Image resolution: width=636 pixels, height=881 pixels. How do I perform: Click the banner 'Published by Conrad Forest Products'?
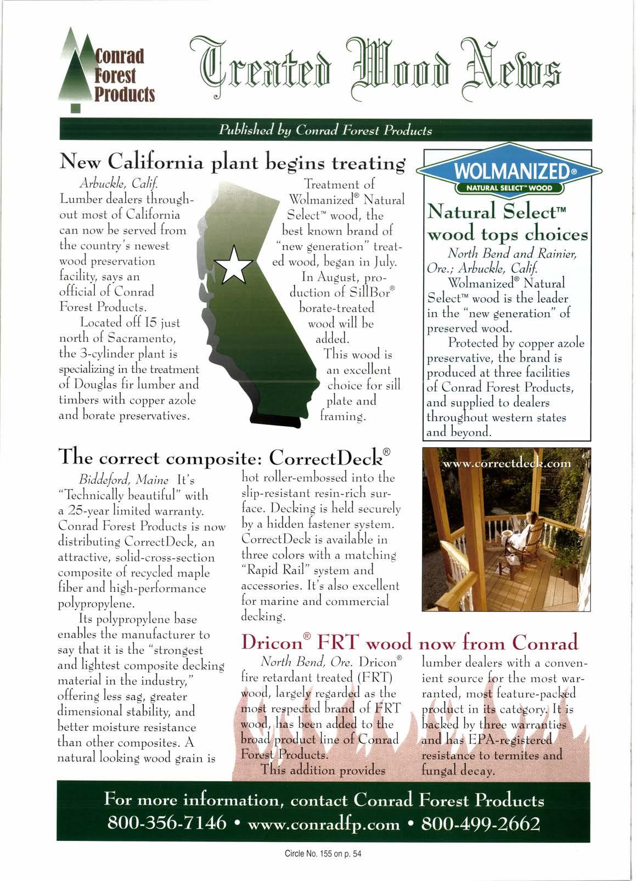coord(325,131)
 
